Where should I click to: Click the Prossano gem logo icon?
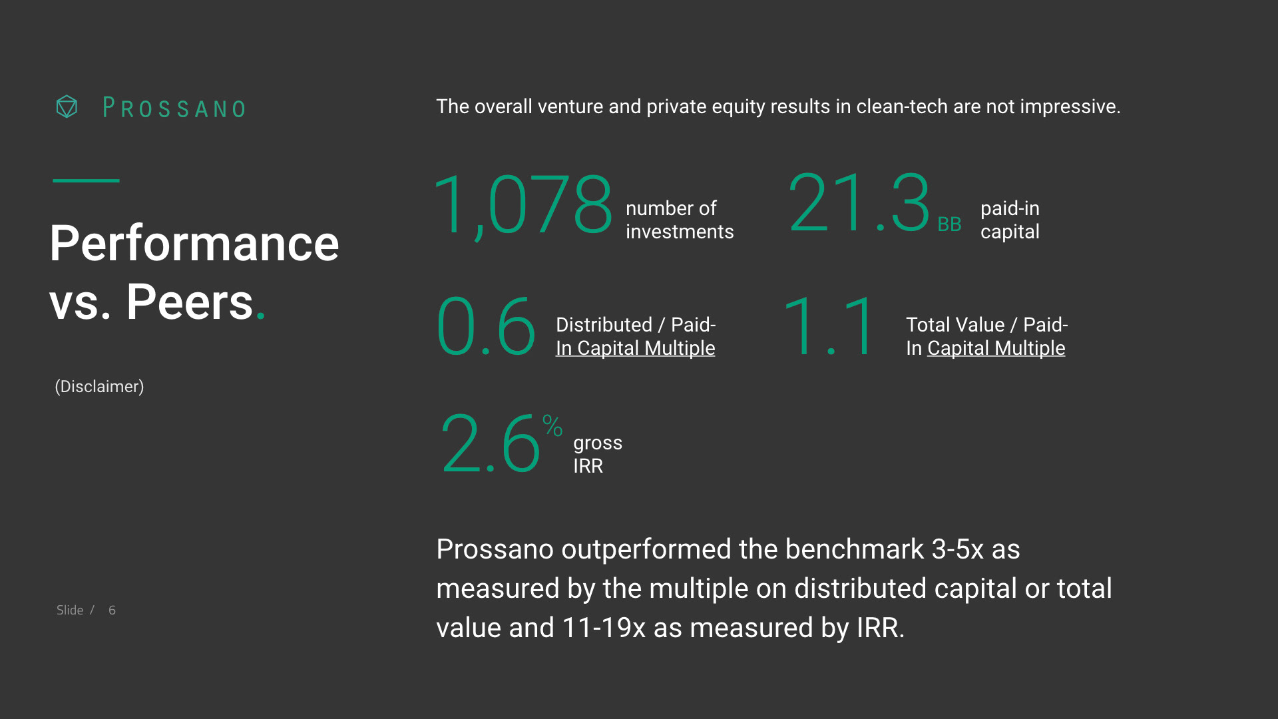[x=67, y=107]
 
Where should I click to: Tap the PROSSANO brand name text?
[x=174, y=108]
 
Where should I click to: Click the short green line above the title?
[x=86, y=180]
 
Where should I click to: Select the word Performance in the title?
[x=194, y=244]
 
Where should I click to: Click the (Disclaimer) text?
[x=99, y=387]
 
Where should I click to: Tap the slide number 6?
[x=112, y=610]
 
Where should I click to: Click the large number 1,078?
[x=523, y=205]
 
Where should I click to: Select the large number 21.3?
[x=859, y=202]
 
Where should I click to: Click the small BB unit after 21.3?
[x=949, y=224]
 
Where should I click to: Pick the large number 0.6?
[x=486, y=326]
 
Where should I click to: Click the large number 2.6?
[x=491, y=443]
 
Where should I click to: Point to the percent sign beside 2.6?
[x=552, y=425]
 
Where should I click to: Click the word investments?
[x=680, y=232]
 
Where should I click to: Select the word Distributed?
[x=604, y=325]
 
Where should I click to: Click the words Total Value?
[x=955, y=325]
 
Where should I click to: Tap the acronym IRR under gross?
[x=588, y=466]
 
